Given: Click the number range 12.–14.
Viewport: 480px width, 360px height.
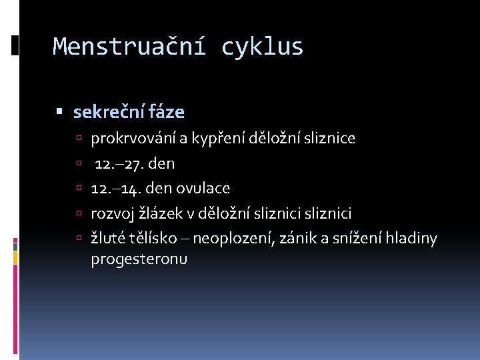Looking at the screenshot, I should [x=114, y=189].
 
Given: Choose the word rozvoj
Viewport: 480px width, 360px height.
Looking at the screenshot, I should [x=111, y=213].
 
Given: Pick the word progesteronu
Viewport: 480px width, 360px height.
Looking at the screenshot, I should [x=139, y=259].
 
